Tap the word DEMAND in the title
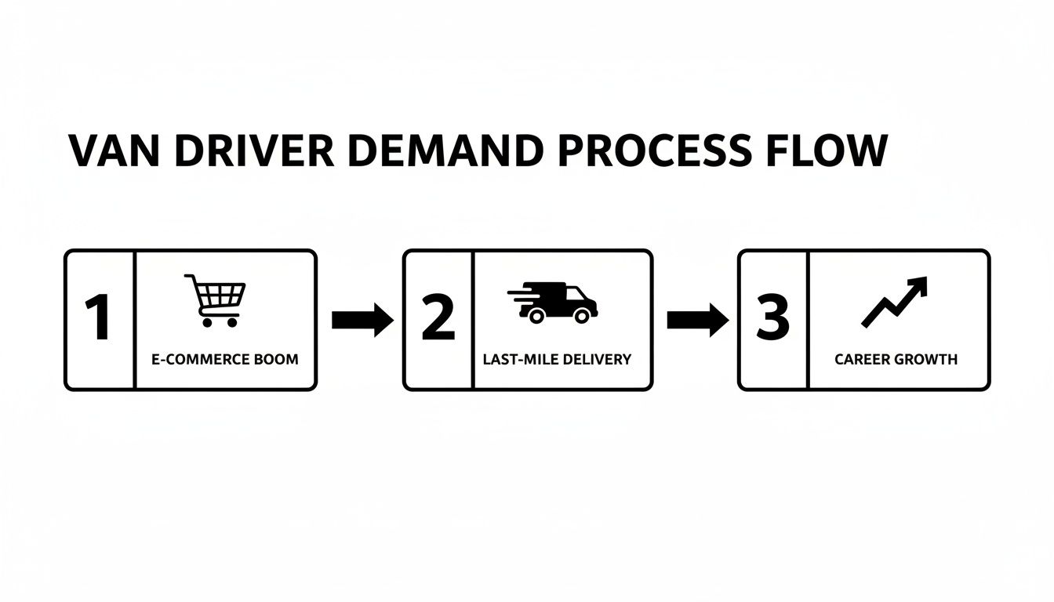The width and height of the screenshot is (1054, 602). pyautogui.click(x=445, y=151)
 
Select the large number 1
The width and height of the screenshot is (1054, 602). pyautogui.click(x=99, y=320)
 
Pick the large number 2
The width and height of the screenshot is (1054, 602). pyautogui.click(x=438, y=320)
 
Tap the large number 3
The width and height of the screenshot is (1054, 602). pyautogui.click(x=772, y=320)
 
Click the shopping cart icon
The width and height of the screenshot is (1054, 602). pyautogui.click(x=216, y=300)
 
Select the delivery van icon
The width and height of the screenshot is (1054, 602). pyautogui.click(x=555, y=302)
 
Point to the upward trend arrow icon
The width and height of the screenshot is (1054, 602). pyautogui.click(x=895, y=302)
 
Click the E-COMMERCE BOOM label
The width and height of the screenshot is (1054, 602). pyautogui.click(x=226, y=360)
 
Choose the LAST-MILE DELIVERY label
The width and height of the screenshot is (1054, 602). pyautogui.click(x=558, y=360)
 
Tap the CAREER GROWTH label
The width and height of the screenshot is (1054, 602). pyautogui.click(x=896, y=360)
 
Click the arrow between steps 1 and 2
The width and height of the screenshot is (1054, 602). pyautogui.click(x=362, y=320)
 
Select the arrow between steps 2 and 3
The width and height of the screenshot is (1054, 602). pyautogui.click(x=697, y=320)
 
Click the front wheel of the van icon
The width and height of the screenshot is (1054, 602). pyautogui.click(x=581, y=316)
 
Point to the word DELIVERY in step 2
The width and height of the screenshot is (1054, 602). pyautogui.click(x=596, y=360)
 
